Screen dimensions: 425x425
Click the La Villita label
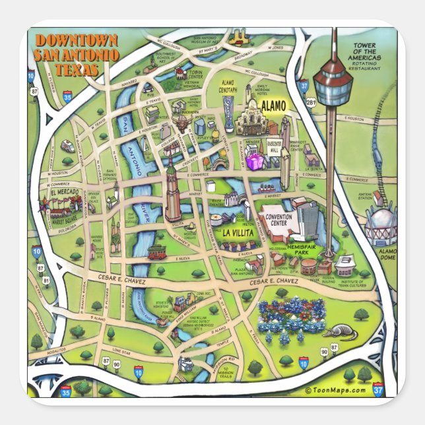237,232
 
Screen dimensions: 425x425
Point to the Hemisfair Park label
303,249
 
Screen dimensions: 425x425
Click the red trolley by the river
157,251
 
